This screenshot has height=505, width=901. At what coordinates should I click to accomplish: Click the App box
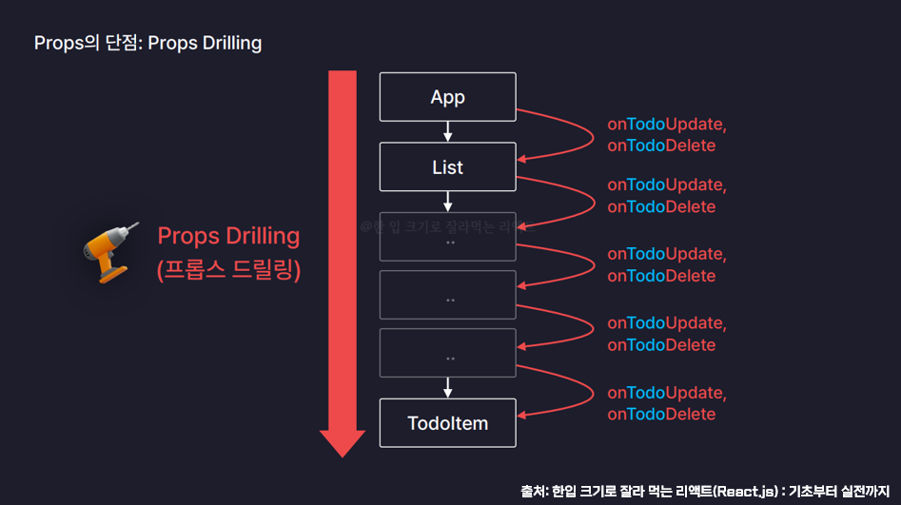coord(447,97)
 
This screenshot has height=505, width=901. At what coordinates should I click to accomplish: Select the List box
coord(447,167)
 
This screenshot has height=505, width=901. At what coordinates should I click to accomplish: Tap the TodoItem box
coord(447,423)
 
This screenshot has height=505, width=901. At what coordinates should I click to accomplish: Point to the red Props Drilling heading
coord(228,236)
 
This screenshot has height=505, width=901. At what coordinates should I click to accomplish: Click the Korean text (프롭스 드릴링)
coord(228,270)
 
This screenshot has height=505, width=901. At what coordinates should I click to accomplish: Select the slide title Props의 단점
coord(147,43)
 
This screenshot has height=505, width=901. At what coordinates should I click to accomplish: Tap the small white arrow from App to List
coord(447,131)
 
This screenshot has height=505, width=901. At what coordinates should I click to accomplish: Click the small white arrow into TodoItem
coord(447,387)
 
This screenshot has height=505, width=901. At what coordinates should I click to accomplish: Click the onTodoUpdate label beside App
coord(666,125)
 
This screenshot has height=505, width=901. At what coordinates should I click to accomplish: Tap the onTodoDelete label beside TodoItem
coord(661,415)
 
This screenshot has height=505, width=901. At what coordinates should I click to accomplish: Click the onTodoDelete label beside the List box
coord(661,206)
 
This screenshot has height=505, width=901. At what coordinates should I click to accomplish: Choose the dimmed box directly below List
coord(447,237)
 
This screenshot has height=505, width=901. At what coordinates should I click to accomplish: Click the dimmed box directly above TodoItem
coord(447,353)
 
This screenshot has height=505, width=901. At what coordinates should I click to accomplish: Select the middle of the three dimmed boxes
coord(447,295)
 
